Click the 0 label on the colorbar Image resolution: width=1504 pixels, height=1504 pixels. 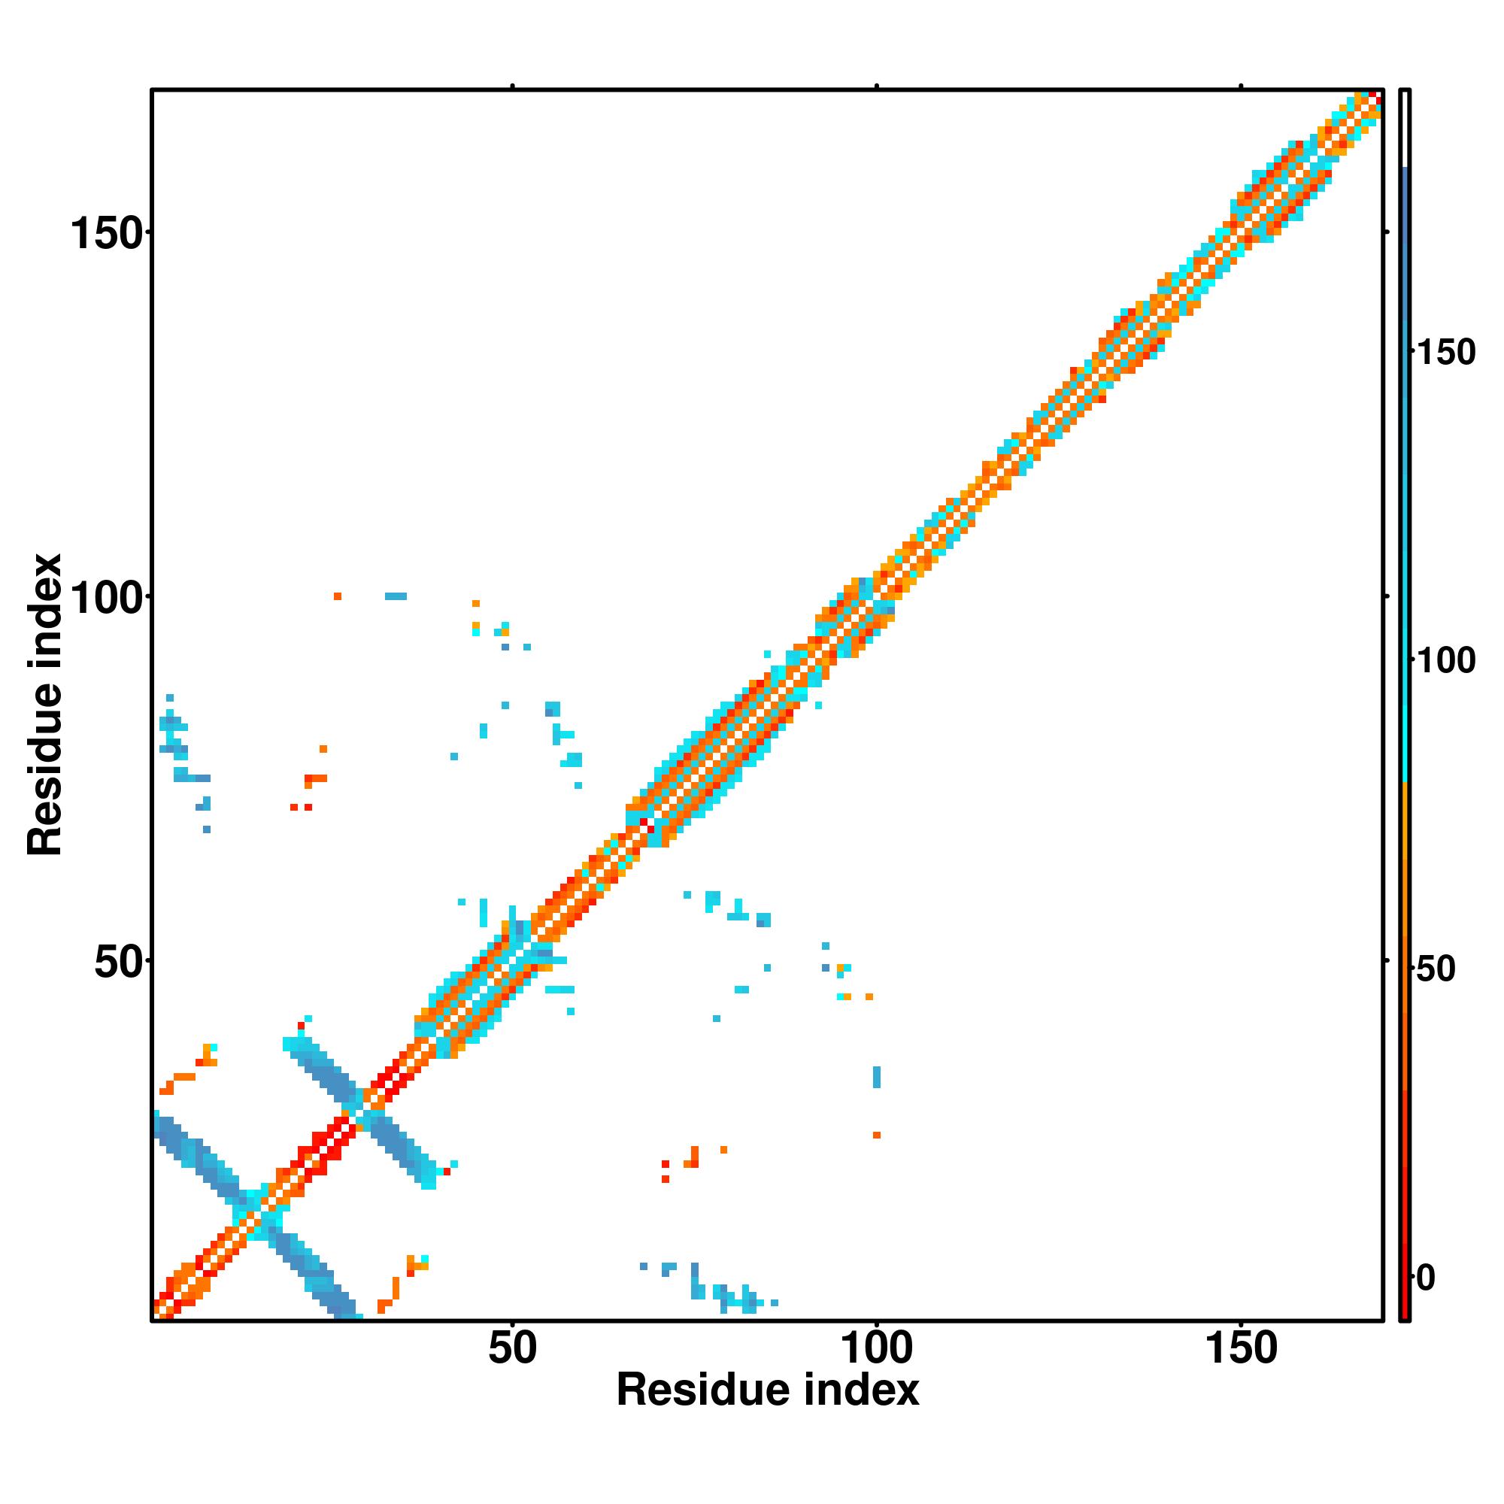coord(1425,1278)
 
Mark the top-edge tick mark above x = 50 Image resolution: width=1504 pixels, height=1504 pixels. coord(512,86)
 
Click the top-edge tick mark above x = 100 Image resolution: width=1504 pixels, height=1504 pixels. coord(877,86)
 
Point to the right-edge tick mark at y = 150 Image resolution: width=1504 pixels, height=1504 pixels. coord(1387,232)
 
